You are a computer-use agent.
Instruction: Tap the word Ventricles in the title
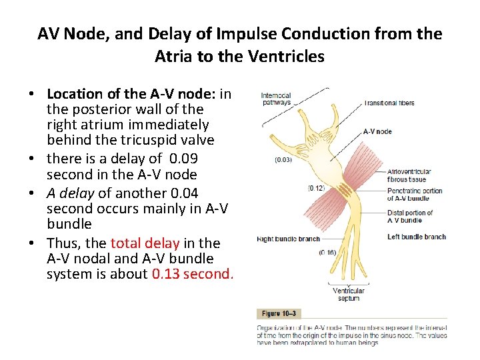(x=288, y=57)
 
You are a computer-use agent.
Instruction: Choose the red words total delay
(x=145, y=243)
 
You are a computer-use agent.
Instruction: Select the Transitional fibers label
(x=389, y=103)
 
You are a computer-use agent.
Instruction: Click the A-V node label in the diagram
(x=377, y=131)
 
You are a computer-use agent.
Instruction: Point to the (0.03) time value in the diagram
(x=284, y=159)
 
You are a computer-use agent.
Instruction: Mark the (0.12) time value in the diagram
(x=317, y=189)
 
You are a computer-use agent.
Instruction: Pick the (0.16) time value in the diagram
(x=327, y=253)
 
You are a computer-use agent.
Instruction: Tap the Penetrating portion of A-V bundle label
(x=414, y=195)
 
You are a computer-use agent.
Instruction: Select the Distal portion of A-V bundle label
(x=410, y=217)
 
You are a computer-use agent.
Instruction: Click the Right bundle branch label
(x=289, y=239)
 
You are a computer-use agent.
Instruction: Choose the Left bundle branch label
(x=417, y=237)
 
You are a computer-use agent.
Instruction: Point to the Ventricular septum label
(x=349, y=294)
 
